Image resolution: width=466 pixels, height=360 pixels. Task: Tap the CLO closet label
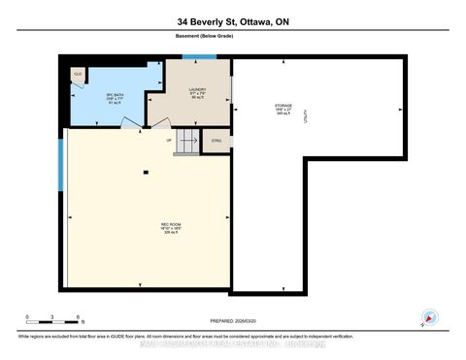click(x=77, y=74)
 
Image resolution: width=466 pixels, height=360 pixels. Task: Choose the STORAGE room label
click(x=283, y=108)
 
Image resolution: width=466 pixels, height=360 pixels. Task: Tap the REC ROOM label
click(x=171, y=230)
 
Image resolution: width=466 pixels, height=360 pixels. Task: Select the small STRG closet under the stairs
click(x=216, y=140)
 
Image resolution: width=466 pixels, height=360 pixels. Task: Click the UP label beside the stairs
click(x=169, y=140)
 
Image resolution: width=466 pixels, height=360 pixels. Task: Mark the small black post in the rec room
click(x=145, y=173)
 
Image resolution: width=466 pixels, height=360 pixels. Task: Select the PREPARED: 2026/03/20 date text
click(x=233, y=321)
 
